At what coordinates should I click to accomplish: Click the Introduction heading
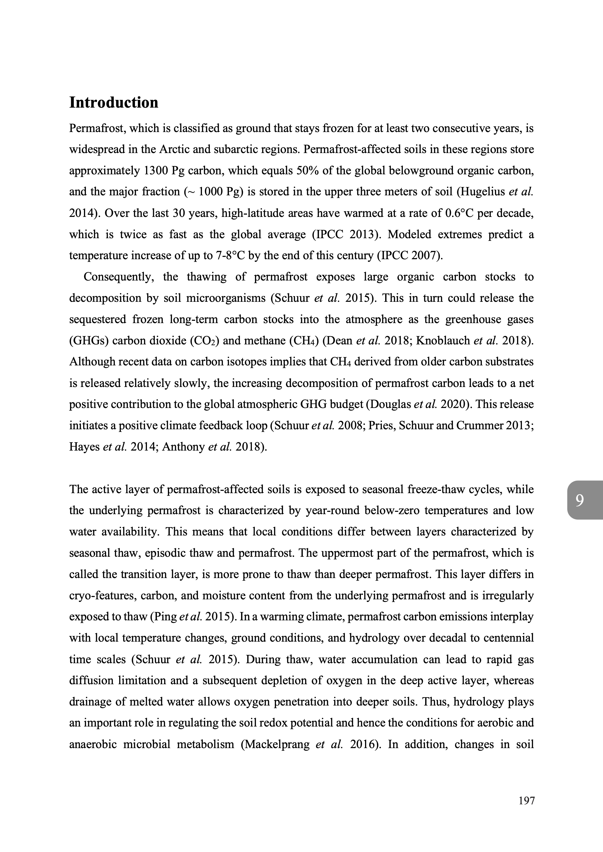pyautogui.click(x=114, y=102)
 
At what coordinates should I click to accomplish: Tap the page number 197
pyautogui.click(x=526, y=811)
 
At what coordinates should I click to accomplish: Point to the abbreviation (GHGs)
pyautogui.click(x=89, y=341)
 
